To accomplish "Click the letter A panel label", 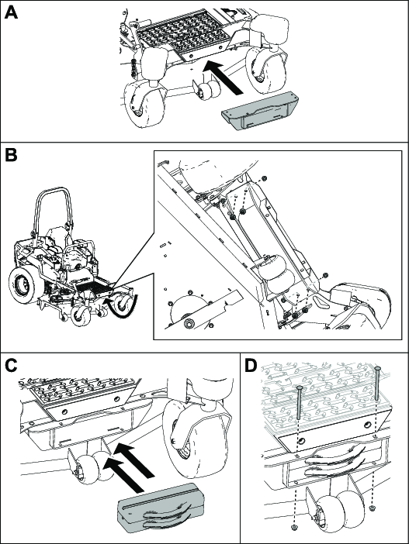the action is pos(11,13).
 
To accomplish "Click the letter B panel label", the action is pos(11,155).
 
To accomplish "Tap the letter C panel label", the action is pos(11,365).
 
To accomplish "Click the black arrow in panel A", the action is pos(223,77).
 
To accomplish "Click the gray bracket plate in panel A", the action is pos(260,111).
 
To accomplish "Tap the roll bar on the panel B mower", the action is pos(52,212).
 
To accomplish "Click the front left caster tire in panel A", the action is pos(143,106).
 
